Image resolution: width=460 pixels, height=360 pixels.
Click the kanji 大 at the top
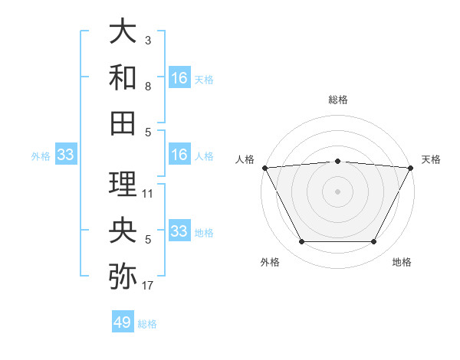pyautogui.click(x=123, y=32)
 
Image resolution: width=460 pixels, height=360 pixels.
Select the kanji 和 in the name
pyautogui.click(x=123, y=77)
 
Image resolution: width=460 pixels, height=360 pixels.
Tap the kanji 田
pyautogui.click(x=123, y=122)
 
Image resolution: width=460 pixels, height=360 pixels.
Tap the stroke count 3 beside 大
pyautogui.click(x=147, y=40)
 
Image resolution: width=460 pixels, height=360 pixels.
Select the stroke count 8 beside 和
pyautogui.click(x=147, y=87)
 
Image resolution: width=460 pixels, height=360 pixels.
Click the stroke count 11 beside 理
pyautogui.click(x=148, y=193)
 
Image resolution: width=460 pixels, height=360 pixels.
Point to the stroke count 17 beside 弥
pyautogui.click(x=148, y=286)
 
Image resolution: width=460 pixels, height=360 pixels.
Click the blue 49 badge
pyautogui.click(x=123, y=322)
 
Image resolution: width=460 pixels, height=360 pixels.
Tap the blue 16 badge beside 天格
pyautogui.click(x=179, y=77)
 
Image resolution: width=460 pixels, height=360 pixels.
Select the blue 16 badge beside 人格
pyautogui.click(x=179, y=155)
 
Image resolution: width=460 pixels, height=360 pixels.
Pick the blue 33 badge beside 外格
pyautogui.click(x=65, y=155)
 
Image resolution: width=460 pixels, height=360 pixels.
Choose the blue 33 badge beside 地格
pyautogui.click(x=179, y=231)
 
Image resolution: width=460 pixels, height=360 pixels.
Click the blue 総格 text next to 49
pyautogui.click(x=147, y=324)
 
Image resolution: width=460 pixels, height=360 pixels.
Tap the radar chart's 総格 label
pyautogui.click(x=338, y=100)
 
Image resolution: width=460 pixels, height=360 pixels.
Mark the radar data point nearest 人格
pyautogui.click(x=264, y=168)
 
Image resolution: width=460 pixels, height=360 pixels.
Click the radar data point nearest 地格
pyautogui.click(x=374, y=242)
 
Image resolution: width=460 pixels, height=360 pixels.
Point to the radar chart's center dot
pyautogui.click(x=338, y=191)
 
